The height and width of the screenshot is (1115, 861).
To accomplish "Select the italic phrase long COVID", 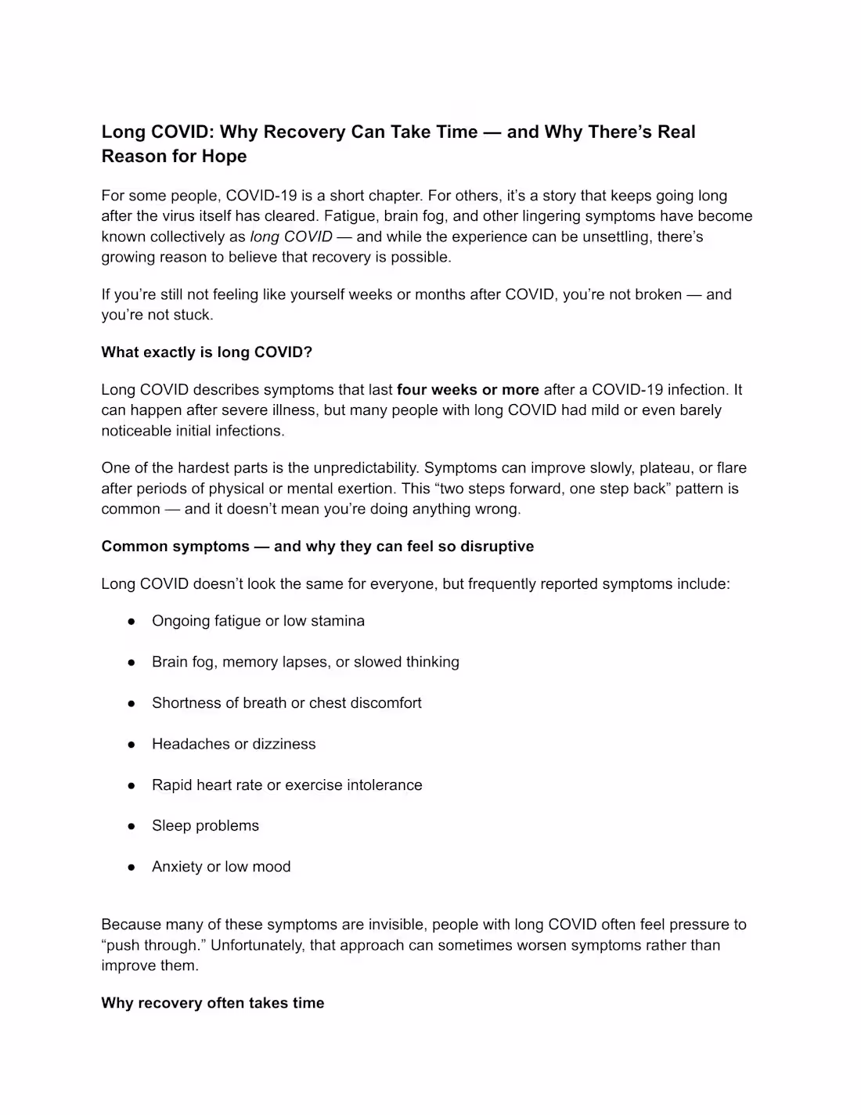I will [291, 236].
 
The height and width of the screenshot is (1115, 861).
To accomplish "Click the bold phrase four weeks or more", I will [468, 390].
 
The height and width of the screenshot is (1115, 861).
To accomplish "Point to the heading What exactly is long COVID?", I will [207, 352].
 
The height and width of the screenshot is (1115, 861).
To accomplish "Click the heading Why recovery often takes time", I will [213, 1003].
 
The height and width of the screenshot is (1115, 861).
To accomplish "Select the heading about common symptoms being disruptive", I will [318, 547].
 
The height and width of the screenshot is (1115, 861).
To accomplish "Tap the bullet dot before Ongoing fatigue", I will [132, 621].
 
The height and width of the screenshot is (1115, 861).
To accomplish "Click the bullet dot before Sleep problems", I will [132, 826].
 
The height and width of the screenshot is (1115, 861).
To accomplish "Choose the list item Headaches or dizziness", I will [234, 744].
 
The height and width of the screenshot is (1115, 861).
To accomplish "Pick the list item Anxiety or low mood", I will [222, 867].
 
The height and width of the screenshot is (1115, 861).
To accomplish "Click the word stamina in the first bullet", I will [337, 621].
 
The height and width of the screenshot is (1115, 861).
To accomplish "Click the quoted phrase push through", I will [152, 945].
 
